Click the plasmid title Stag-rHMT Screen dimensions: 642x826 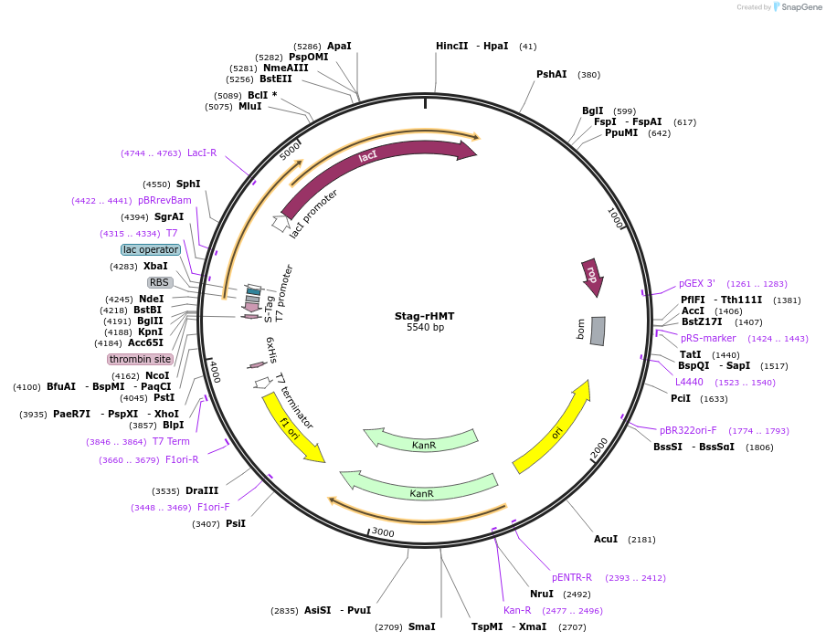pyautogui.click(x=424, y=316)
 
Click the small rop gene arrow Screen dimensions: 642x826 pyautogui.click(x=591, y=275)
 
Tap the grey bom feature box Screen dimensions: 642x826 pyautogui.click(x=598, y=331)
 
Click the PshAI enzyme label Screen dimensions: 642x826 pyautogui.click(x=551, y=75)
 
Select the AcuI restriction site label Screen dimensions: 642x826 pyautogui.click(x=605, y=539)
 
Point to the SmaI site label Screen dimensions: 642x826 pyautogui.click(x=421, y=626)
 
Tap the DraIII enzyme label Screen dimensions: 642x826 pyautogui.click(x=202, y=490)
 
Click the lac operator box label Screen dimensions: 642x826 pyautogui.click(x=151, y=249)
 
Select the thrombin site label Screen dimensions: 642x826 pyautogui.click(x=140, y=359)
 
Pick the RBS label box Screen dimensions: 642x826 pyautogui.click(x=160, y=282)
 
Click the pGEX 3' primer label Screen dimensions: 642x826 pyautogui.click(x=697, y=283)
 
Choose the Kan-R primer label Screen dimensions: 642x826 pyautogui.click(x=517, y=610)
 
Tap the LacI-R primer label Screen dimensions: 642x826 pyautogui.click(x=202, y=153)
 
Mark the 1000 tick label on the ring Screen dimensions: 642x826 pyautogui.click(x=616, y=218)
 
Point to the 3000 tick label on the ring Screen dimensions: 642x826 pyautogui.click(x=382, y=532)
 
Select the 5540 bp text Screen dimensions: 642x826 pyautogui.click(x=425, y=328)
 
